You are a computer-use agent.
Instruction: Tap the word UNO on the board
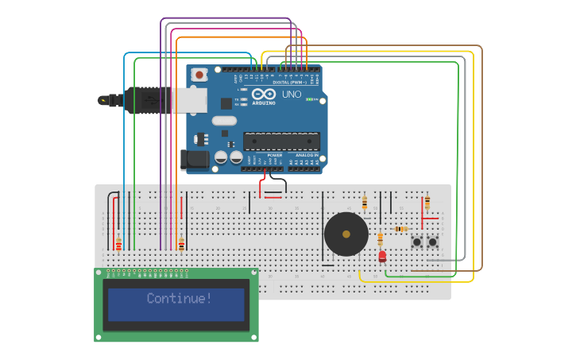[x=292, y=94]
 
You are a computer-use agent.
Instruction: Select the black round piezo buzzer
[x=346, y=234]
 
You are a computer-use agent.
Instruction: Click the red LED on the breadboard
[x=382, y=256]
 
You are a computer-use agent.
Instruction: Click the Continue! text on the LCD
[x=180, y=299]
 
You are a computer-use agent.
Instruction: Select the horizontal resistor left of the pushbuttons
[x=401, y=229]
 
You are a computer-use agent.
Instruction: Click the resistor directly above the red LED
[x=381, y=238]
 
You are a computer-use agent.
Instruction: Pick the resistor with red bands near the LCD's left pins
[x=118, y=245]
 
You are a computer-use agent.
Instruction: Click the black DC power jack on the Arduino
[x=195, y=160]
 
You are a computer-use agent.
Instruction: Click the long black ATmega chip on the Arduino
[x=281, y=141]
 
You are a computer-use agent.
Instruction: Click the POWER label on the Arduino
[x=275, y=155]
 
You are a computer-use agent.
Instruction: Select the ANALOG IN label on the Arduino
[x=306, y=155]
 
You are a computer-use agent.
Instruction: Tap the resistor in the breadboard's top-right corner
[x=427, y=202]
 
